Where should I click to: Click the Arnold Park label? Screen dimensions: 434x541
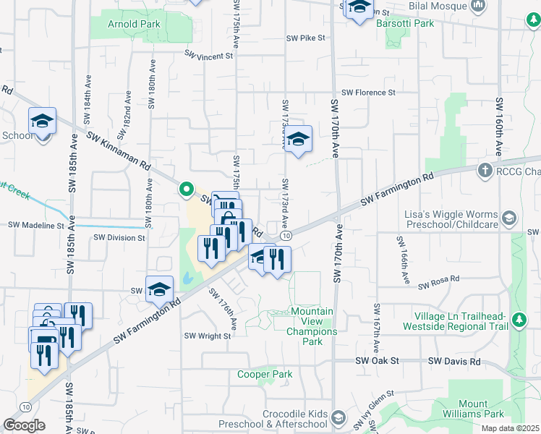(134, 24)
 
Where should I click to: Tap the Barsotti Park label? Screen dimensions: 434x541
(405, 23)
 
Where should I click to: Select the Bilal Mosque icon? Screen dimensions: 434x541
(477, 7)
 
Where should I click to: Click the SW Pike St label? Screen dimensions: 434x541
(306, 38)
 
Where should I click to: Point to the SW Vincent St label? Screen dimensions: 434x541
(208, 55)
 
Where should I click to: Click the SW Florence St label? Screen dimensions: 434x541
(368, 93)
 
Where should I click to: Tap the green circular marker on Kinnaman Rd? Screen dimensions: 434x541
(186, 190)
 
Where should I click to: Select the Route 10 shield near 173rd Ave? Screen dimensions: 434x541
(287, 236)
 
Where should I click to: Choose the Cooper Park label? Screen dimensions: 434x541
(265, 374)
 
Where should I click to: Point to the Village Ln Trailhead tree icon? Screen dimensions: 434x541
(518, 319)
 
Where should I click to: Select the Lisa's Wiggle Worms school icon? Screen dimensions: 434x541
(509, 217)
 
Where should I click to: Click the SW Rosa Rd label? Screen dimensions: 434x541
(440, 278)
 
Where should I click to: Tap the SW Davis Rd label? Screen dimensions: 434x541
(454, 361)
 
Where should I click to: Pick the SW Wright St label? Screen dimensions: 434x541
(207, 336)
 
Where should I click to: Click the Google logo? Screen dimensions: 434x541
(24, 425)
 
